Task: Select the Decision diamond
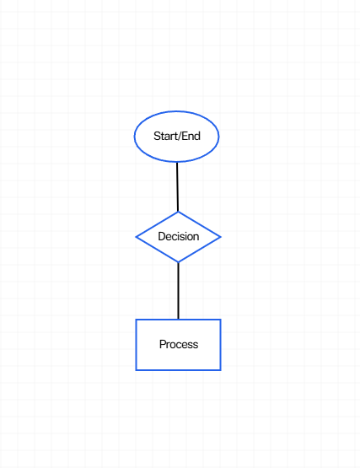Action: (178, 237)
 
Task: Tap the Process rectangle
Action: (178, 345)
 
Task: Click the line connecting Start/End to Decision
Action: (177, 187)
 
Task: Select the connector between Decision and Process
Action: (178, 291)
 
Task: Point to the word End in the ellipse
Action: (191, 136)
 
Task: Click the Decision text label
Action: (179, 236)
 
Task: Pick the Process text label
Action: (179, 344)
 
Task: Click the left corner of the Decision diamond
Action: (136, 237)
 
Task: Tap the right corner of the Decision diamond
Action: (221, 237)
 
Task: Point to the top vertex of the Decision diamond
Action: (178, 212)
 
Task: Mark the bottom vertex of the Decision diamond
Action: (178, 262)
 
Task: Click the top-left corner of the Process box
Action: (136, 320)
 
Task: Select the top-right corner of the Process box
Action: (221, 320)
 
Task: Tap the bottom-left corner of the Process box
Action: (136, 370)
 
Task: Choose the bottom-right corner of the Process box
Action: (221, 370)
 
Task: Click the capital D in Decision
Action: (162, 236)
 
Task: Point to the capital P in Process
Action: (163, 344)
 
